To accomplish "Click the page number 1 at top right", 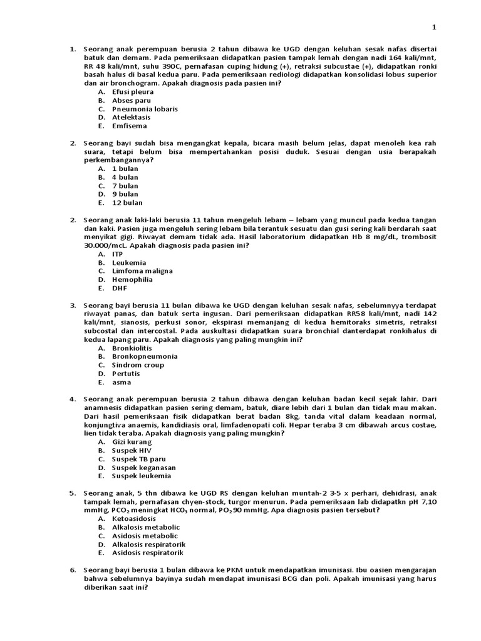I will (x=433, y=27).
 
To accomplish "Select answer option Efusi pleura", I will (x=132, y=91).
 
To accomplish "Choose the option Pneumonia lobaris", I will (x=145, y=109).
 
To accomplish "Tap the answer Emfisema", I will (x=130, y=126).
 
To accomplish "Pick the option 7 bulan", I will (x=125, y=186).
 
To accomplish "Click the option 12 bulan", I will (x=127, y=203).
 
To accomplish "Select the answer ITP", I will (x=118, y=254).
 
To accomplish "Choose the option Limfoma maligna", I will (x=142, y=271).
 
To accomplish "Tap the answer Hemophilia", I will (x=132, y=280).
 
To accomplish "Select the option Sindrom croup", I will (x=138, y=365).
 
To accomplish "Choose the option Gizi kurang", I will (x=132, y=442).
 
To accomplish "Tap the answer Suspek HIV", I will (x=132, y=451).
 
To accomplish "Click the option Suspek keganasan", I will (x=143, y=468).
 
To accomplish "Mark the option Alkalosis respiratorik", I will (x=148, y=545).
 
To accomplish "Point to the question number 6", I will (x=73, y=570).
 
